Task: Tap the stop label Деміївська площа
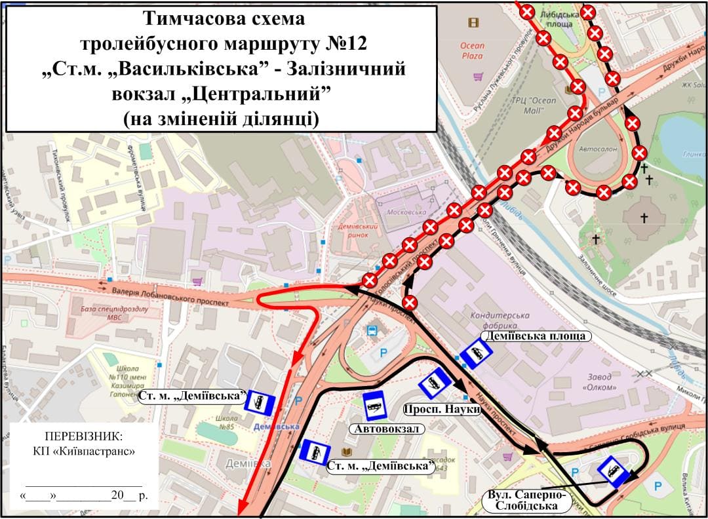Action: (x=536, y=336)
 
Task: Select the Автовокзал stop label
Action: (x=387, y=429)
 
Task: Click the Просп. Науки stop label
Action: (x=442, y=409)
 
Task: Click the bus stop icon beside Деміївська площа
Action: (x=475, y=355)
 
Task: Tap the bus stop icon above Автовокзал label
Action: (x=374, y=406)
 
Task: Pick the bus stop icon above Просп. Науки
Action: (x=434, y=383)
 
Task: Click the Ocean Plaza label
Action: (x=472, y=50)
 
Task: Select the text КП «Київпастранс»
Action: (x=83, y=451)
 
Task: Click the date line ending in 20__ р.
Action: (x=85, y=495)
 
